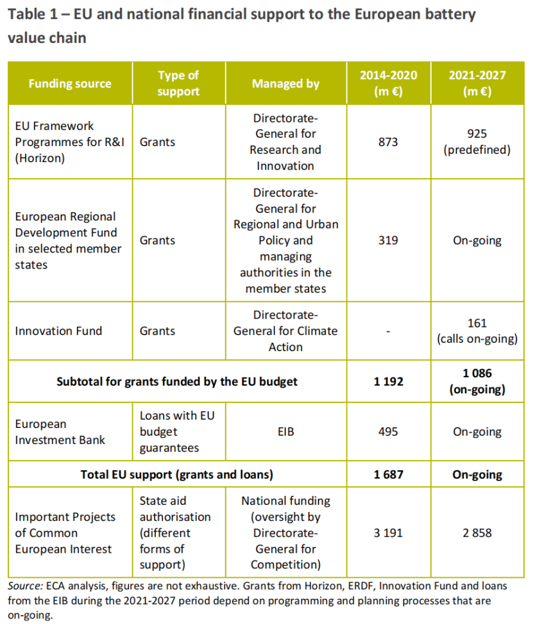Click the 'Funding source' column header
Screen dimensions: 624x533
pyautogui.click(x=69, y=84)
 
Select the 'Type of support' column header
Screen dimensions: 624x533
pyautogui.click(x=178, y=84)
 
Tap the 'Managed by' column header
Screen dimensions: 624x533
pyautogui.click(x=285, y=84)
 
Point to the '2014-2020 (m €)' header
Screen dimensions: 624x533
pyautogui.click(x=388, y=84)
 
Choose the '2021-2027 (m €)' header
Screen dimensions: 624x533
pyautogui.click(x=477, y=84)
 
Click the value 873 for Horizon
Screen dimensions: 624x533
pyautogui.click(x=388, y=142)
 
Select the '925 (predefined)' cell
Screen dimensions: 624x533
pyautogui.click(x=477, y=142)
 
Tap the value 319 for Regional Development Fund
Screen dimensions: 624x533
pyautogui.click(x=388, y=240)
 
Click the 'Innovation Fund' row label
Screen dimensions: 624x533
pyautogui.click(x=58, y=331)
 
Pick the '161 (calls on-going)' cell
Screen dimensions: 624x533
pyautogui.click(x=477, y=331)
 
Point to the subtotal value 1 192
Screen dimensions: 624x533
pyautogui.click(x=388, y=382)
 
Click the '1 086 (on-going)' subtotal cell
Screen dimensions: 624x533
pyautogui.click(x=477, y=382)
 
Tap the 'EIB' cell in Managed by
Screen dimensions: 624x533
pyautogui.click(x=285, y=432)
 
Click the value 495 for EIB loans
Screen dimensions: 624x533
pyautogui.click(x=388, y=432)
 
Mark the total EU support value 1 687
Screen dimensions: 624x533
pyautogui.click(x=388, y=475)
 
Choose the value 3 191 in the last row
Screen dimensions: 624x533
pyautogui.click(x=388, y=532)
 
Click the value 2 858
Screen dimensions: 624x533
pyautogui.click(x=477, y=532)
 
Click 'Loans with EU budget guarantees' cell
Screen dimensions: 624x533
pyautogui.click(x=177, y=432)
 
